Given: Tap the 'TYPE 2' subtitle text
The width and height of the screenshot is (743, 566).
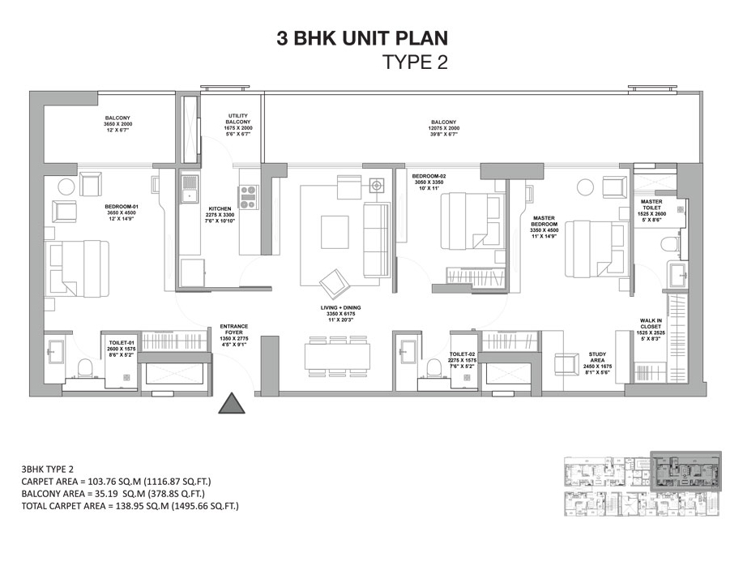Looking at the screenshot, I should coord(415,62).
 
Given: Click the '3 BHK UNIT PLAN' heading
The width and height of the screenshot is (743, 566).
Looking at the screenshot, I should coord(362,37).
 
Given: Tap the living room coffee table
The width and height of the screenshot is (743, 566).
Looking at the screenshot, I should coord(334,231).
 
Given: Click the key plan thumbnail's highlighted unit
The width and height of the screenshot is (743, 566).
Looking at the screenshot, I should coord(685,470).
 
